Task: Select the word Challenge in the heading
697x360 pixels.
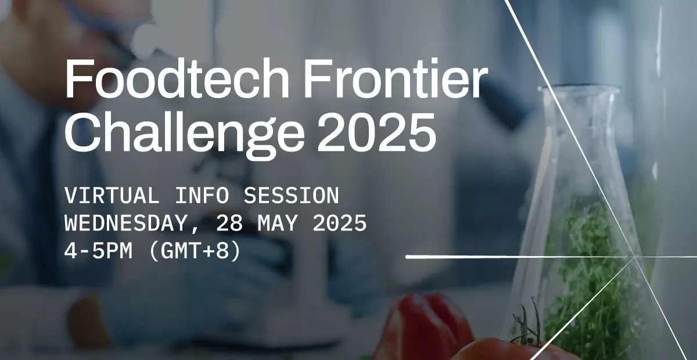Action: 185,134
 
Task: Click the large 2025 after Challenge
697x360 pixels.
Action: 376,132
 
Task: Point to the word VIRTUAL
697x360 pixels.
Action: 112,196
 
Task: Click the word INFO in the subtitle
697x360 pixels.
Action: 202,196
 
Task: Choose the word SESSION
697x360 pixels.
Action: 291,196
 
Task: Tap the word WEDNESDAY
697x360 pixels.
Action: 125,223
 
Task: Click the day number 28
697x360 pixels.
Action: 229,223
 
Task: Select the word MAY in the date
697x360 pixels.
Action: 277,223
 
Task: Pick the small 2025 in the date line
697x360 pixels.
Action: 340,223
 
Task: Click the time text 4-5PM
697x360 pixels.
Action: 98,251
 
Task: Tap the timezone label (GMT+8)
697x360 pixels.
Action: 195,251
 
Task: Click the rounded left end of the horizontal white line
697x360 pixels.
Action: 408,257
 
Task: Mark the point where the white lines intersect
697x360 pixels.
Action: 634,257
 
